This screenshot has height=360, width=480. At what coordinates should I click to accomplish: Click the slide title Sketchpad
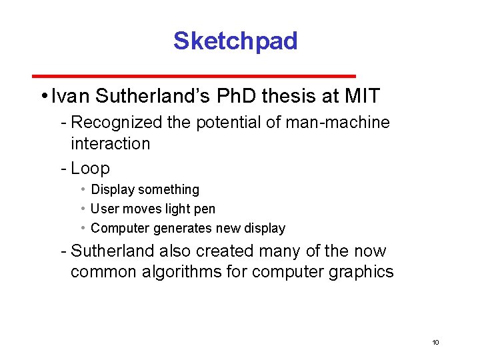click(x=235, y=41)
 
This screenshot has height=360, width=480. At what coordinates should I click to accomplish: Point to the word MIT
click(x=362, y=97)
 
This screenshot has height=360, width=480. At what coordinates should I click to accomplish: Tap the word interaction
click(x=110, y=143)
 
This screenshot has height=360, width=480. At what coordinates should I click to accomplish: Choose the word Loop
click(x=90, y=168)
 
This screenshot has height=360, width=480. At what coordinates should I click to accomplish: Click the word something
click(x=169, y=190)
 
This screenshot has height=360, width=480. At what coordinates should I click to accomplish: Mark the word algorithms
click(x=200, y=272)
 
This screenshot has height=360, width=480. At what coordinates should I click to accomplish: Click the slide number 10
click(x=435, y=342)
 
